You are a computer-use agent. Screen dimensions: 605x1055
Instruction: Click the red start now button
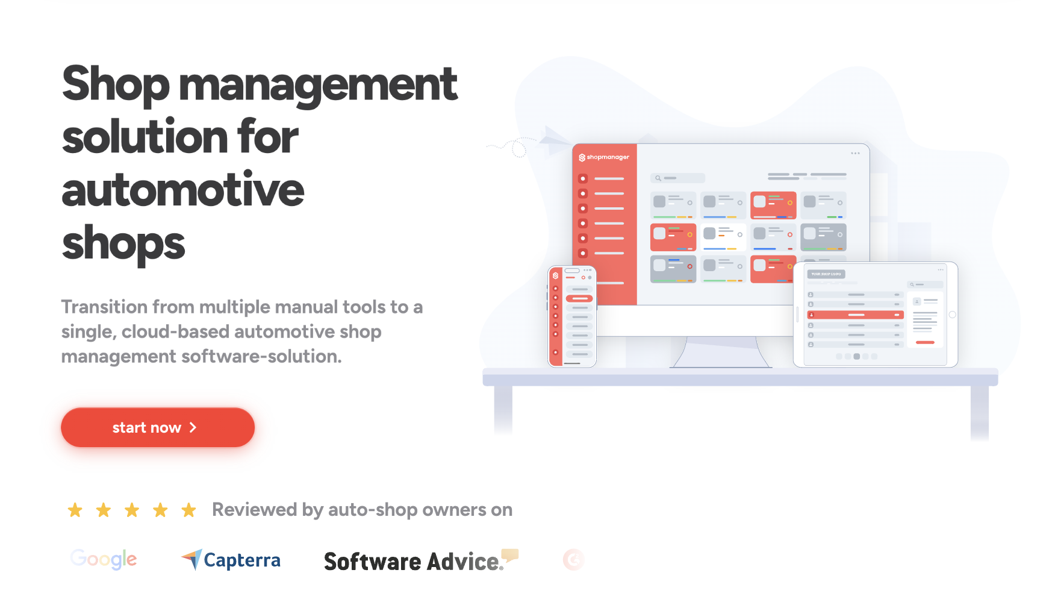click(x=157, y=427)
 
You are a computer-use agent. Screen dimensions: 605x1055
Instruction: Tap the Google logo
click(x=104, y=559)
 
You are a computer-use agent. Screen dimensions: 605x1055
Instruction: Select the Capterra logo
click(x=231, y=560)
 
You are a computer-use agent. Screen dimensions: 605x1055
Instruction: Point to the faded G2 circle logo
click(x=573, y=560)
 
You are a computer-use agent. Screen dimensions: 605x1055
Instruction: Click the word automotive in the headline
click(x=183, y=190)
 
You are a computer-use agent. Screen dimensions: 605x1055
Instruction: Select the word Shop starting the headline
click(x=116, y=84)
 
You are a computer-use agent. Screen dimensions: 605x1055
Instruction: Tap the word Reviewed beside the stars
click(x=255, y=510)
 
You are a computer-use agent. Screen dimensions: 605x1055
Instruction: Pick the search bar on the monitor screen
click(x=677, y=178)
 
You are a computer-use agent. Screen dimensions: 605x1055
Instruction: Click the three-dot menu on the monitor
click(x=855, y=153)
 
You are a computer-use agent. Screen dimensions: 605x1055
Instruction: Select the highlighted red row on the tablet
click(x=856, y=315)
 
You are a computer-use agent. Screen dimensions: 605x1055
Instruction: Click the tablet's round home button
click(x=952, y=315)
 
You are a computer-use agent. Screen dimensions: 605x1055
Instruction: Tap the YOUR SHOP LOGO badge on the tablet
click(x=826, y=274)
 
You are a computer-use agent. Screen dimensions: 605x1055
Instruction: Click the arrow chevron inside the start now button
click(x=193, y=427)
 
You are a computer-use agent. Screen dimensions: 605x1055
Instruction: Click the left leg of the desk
click(x=503, y=410)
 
